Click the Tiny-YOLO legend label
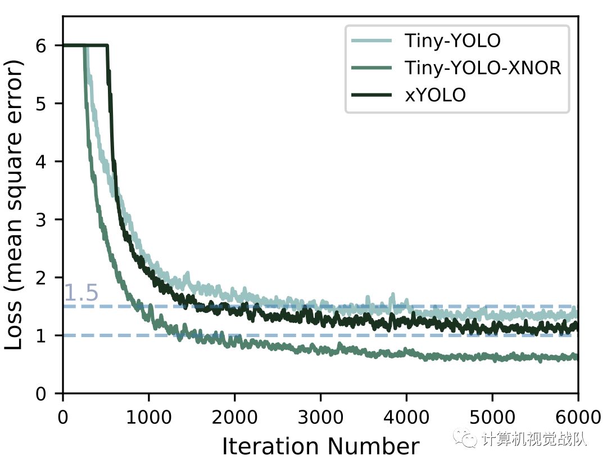coord(452,41)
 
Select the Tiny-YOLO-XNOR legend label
coord(483,68)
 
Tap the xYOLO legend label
coord(435,95)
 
